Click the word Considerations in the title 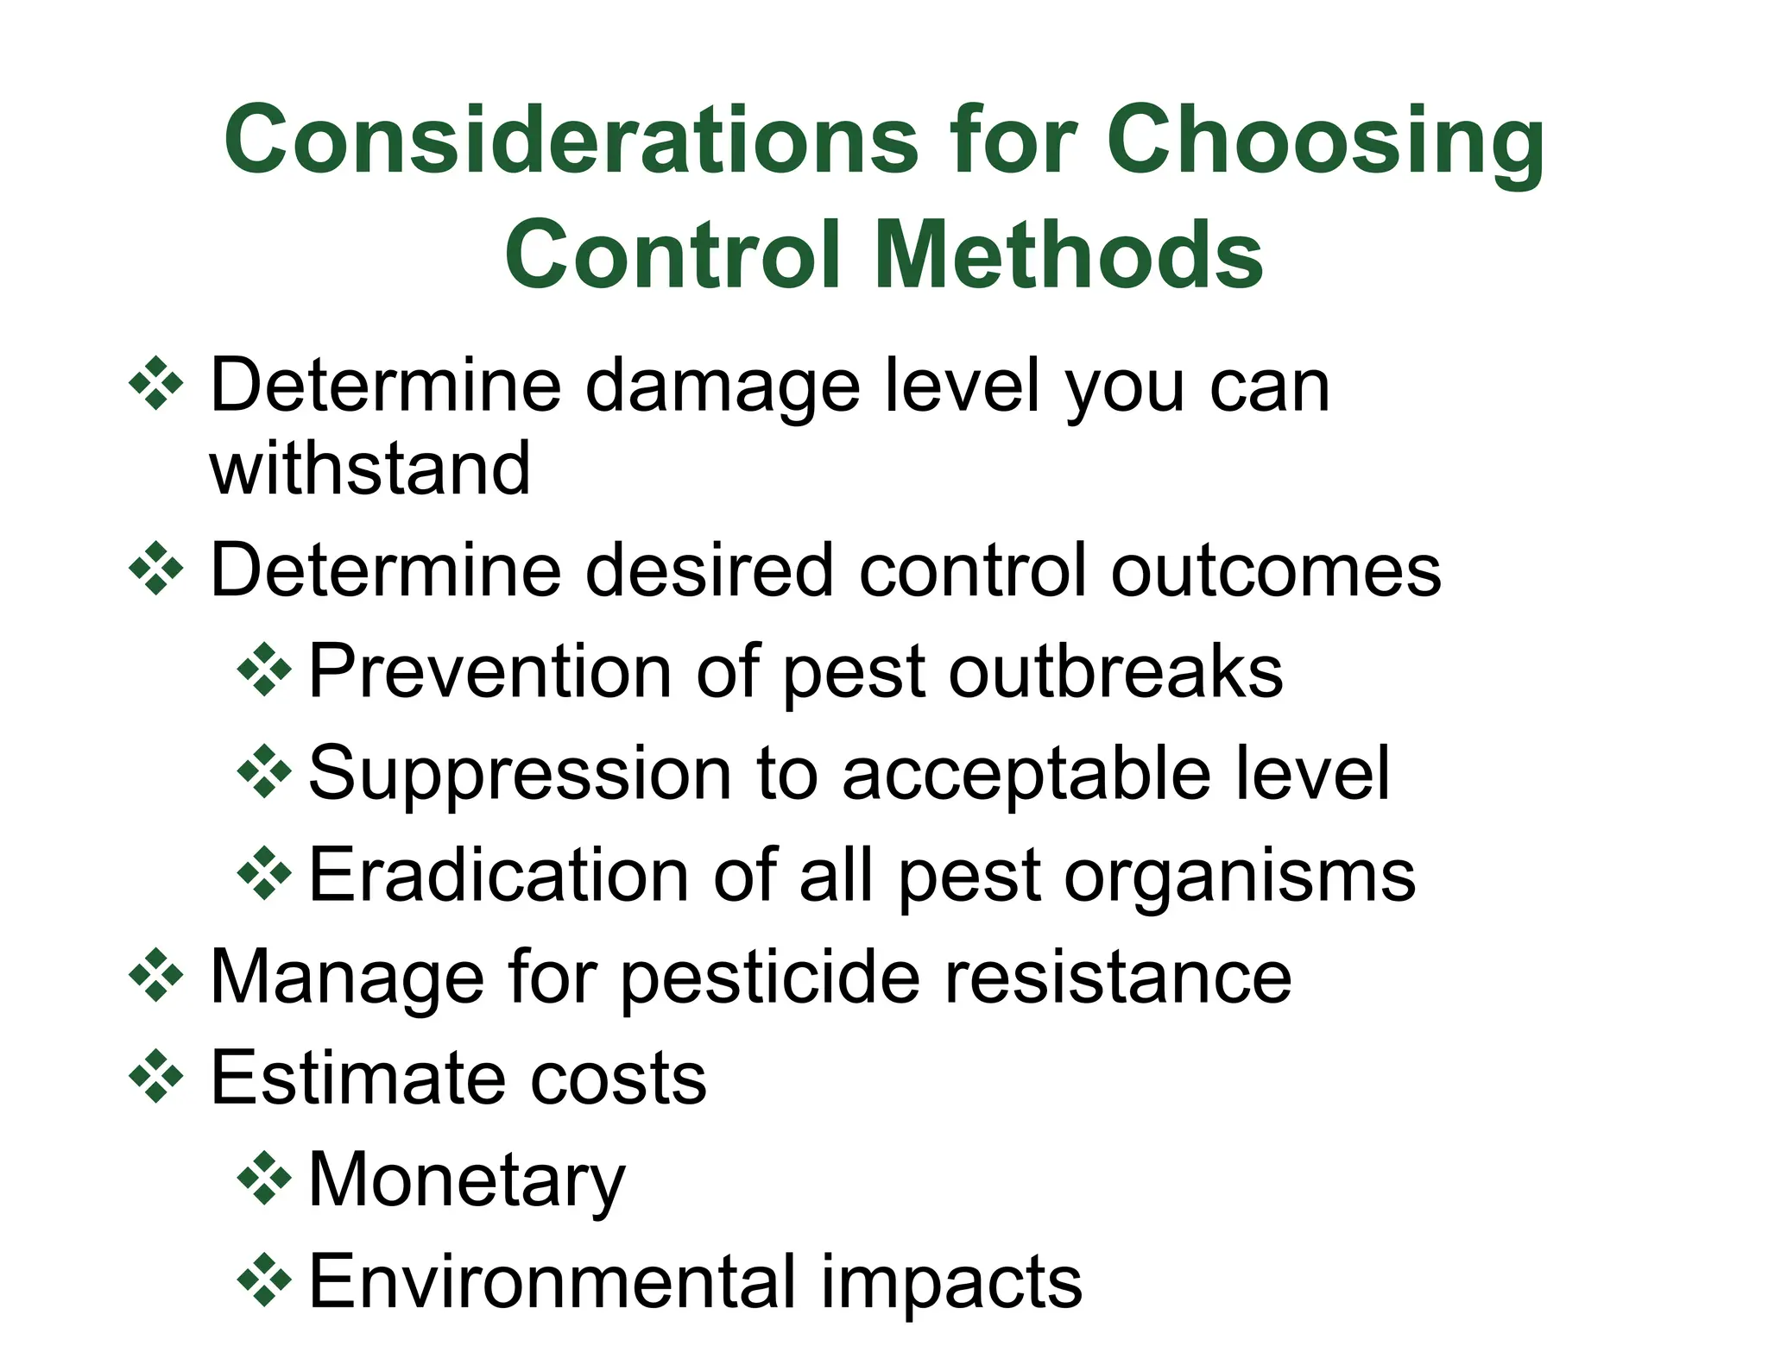point(571,139)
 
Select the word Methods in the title point(1069,255)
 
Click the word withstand point(369,469)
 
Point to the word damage point(723,387)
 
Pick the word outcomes point(1276,569)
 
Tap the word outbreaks point(1115,671)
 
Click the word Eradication point(499,875)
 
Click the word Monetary point(466,1181)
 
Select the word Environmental point(552,1281)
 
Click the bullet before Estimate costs point(156,1076)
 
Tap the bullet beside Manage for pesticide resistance point(156,975)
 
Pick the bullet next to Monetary point(264,1178)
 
